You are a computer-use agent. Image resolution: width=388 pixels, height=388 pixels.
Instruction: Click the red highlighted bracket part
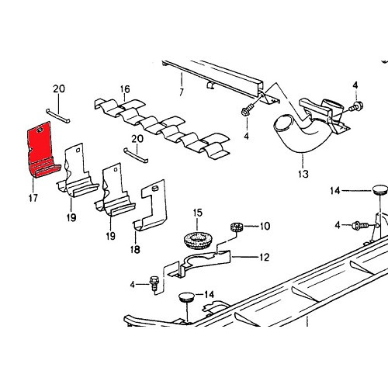(40, 150)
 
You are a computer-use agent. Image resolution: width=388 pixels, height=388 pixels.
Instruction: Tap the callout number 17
(33, 198)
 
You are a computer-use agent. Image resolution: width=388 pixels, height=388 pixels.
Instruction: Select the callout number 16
(125, 89)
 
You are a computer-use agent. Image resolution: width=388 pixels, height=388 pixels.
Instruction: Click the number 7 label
(182, 92)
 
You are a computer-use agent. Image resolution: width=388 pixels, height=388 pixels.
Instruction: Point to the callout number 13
(303, 174)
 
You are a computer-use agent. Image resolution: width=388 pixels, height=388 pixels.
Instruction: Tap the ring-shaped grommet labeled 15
(197, 241)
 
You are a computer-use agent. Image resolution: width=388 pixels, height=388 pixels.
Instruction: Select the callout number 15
(198, 213)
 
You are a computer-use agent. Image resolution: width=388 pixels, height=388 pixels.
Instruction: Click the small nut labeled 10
(237, 227)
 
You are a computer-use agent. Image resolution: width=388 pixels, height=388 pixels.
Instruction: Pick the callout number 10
(265, 226)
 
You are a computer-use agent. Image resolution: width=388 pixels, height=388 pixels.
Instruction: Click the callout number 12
(264, 258)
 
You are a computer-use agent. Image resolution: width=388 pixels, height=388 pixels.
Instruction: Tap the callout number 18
(135, 250)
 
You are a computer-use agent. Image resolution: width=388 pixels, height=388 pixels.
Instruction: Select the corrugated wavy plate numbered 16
(162, 128)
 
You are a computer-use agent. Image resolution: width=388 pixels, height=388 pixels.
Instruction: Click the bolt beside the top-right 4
(356, 106)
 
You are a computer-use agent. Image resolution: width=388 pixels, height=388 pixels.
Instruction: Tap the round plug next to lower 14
(186, 297)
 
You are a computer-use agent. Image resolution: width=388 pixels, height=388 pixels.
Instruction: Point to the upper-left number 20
(59, 88)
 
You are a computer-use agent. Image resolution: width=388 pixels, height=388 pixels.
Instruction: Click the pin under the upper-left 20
(58, 116)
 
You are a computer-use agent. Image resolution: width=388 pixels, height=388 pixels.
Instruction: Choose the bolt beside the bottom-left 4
(154, 283)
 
